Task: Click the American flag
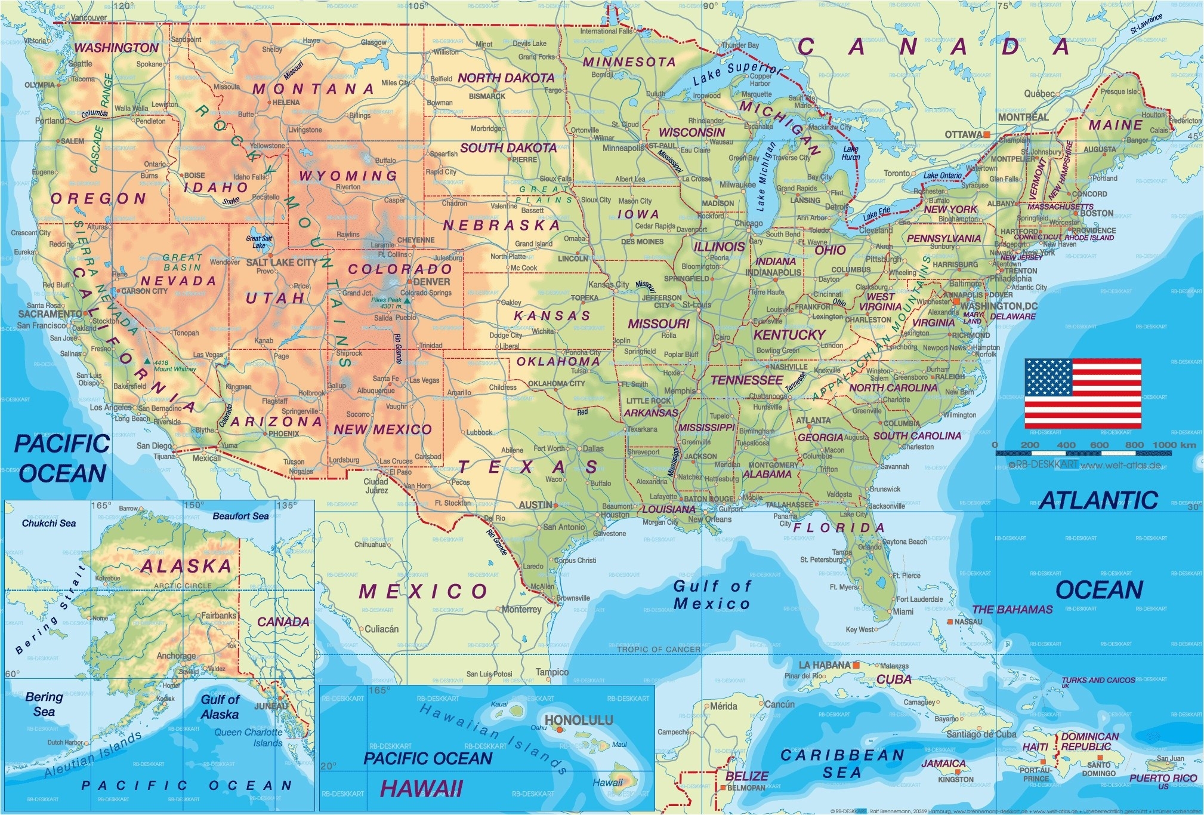1083,393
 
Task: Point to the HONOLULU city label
579,720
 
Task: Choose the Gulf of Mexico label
712,595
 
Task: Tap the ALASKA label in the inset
186,566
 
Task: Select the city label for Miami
903,611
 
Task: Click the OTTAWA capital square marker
987,135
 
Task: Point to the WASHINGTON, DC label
999,306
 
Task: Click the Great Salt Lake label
259,241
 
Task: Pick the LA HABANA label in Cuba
825,665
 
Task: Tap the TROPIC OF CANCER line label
659,649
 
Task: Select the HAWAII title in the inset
421,789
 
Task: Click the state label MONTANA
313,89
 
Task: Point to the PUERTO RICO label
1163,778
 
